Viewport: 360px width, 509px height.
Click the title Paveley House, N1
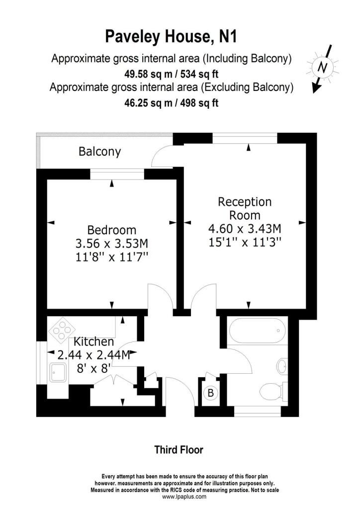click(171, 36)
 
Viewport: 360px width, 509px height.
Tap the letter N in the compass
click(322, 67)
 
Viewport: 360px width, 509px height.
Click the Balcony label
click(99, 152)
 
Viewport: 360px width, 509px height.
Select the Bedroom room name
click(112, 230)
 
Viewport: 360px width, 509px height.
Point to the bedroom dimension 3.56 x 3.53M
click(112, 244)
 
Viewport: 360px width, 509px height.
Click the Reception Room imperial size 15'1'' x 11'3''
click(245, 242)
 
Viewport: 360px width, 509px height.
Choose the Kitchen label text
click(94, 341)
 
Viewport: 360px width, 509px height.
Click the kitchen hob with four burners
click(60, 331)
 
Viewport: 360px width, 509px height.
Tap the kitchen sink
click(58, 372)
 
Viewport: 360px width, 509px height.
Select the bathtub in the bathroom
click(258, 331)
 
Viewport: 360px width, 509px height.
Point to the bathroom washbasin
click(282, 366)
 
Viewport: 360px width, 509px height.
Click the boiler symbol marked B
click(210, 393)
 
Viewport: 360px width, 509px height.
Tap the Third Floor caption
click(179, 450)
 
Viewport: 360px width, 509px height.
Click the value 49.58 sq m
click(148, 75)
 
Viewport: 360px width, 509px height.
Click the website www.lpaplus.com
click(184, 497)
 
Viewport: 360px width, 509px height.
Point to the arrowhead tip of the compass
click(313, 93)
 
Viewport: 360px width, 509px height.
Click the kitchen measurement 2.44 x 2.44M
click(94, 355)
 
